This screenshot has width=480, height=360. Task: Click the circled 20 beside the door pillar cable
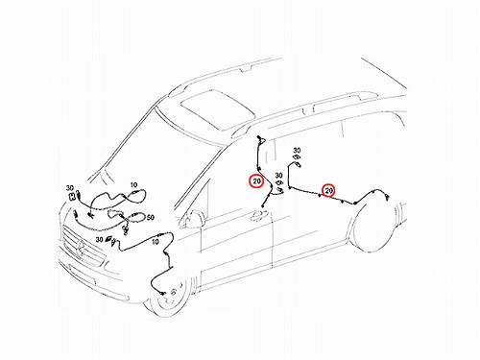256,181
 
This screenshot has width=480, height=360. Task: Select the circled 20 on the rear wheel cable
328,191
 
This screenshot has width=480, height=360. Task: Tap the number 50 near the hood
150,218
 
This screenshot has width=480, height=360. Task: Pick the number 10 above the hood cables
133,185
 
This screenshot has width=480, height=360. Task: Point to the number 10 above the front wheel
156,242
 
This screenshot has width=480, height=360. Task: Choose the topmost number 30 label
297,150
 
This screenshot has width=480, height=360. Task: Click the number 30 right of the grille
99,239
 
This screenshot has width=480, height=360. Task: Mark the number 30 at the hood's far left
70,188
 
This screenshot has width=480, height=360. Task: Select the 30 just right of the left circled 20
278,176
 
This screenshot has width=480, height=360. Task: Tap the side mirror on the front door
194,219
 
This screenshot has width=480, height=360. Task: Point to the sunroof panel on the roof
218,109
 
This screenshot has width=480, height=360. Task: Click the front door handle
258,215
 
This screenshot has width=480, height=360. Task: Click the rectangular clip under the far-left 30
72,197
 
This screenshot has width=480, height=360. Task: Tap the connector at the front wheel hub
162,293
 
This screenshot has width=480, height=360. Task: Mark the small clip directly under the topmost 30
297,157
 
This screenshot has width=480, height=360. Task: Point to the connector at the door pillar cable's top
259,139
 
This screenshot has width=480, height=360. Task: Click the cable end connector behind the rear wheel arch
387,198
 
